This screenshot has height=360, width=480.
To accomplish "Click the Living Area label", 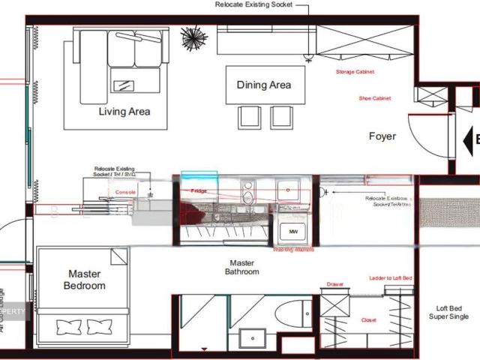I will [124, 112].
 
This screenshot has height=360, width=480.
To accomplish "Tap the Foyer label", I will [382, 136].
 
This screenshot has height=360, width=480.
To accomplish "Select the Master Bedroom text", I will [84, 280].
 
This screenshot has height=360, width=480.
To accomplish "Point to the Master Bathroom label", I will [242, 268].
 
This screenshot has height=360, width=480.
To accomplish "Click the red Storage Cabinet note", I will [355, 72].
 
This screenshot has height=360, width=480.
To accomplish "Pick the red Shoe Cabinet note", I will [375, 98].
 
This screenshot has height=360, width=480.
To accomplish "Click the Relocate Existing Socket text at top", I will [260, 4].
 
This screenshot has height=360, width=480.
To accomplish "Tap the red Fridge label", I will [199, 191].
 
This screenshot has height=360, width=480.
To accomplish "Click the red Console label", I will [125, 192].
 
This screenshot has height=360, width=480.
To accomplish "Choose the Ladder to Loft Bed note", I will [391, 278].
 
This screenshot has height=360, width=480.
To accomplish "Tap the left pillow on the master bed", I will [67, 327].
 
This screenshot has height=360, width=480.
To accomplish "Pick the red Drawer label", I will [334, 285].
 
